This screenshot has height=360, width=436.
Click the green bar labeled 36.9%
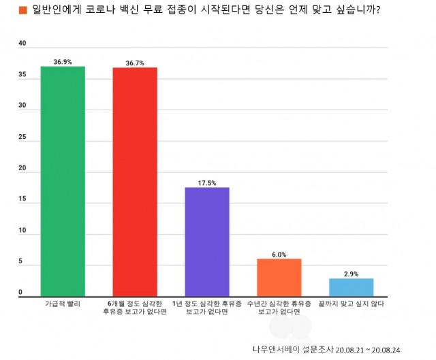[63, 181]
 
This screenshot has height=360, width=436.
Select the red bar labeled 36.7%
[135, 182]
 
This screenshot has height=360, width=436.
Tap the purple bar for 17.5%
[207, 242]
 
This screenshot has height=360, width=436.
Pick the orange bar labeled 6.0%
[279, 278]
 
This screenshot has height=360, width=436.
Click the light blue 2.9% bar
[351, 287]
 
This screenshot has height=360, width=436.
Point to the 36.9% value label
[63, 62]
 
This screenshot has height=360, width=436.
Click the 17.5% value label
[207, 183]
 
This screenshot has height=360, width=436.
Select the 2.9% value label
[351, 274]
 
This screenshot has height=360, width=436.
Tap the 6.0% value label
[279, 255]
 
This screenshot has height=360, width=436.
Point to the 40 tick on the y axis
[22, 44]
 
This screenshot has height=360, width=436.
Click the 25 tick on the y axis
[22, 137]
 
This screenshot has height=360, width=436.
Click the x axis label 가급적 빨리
[63, 304]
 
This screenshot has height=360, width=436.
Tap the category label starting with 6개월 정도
[135, 308]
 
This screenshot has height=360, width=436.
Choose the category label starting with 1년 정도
[207, 308]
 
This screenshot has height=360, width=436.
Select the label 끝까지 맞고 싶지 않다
[351, 304]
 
